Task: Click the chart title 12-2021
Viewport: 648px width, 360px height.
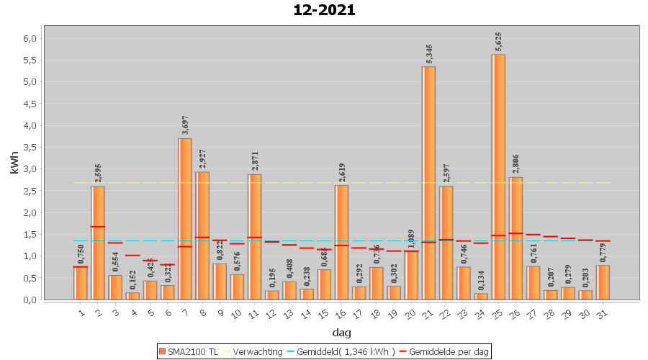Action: point(324,10)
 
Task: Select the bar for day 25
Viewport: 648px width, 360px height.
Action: point(498,176)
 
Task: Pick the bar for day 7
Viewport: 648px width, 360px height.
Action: point(185,219)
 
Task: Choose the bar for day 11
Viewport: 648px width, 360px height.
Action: point(254,237)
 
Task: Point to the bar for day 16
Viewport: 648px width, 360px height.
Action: point(341,242)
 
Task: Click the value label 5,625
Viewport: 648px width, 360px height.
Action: point(498,42)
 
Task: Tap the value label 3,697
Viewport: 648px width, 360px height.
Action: point(185,125)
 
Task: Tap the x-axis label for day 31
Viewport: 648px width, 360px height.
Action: point(603,312)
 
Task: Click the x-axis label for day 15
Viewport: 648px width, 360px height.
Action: point(324,312)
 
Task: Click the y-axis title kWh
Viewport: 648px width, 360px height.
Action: point(14,163)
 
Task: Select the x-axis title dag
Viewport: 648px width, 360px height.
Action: point(341,332)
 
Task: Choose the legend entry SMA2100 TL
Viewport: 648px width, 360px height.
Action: point(188,351)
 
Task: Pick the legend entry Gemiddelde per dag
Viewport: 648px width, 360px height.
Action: point(445,351)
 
